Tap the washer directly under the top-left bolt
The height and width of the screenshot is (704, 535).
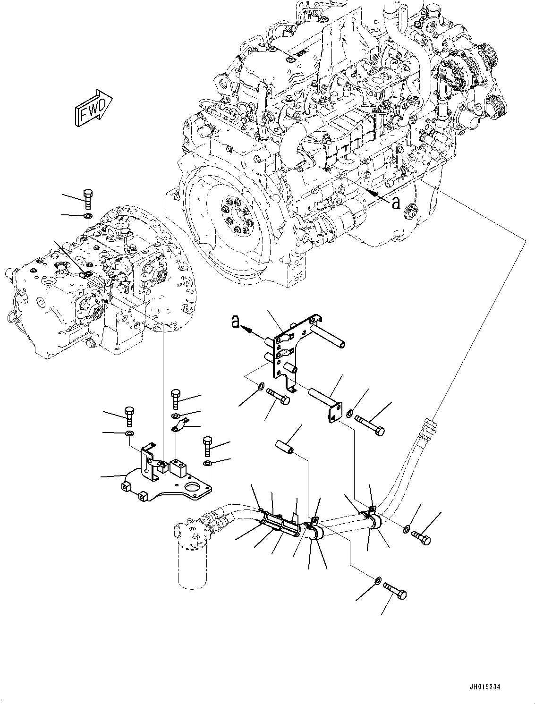[88, 216]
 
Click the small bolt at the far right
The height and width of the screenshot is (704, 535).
[422, 538]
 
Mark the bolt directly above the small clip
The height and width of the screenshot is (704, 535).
[175, 399]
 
